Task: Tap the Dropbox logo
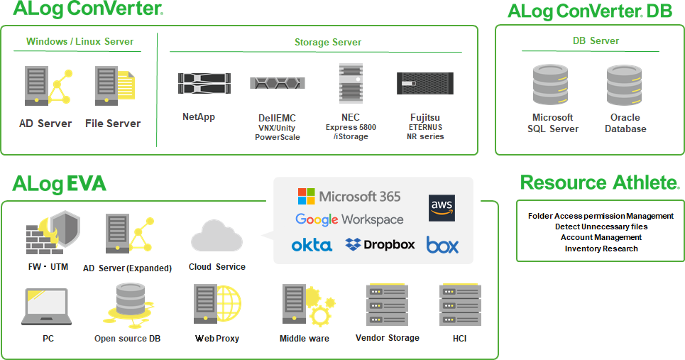(x=380, y=244)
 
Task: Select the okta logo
(x=312, y=245)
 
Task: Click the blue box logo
(x=442, y=245)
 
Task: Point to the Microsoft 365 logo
(x=349, y=196)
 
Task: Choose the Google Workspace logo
(x=349, y=219)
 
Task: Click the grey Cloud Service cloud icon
(x=217, y=236)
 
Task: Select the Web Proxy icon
(x=217, y=305)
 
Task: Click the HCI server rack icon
(x=460, y=305)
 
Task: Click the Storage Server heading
(x=328, y=43)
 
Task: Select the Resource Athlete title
(x=600, y=183)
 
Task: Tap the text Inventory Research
(x=601, y=249)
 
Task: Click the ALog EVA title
(x=59, y=185)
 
